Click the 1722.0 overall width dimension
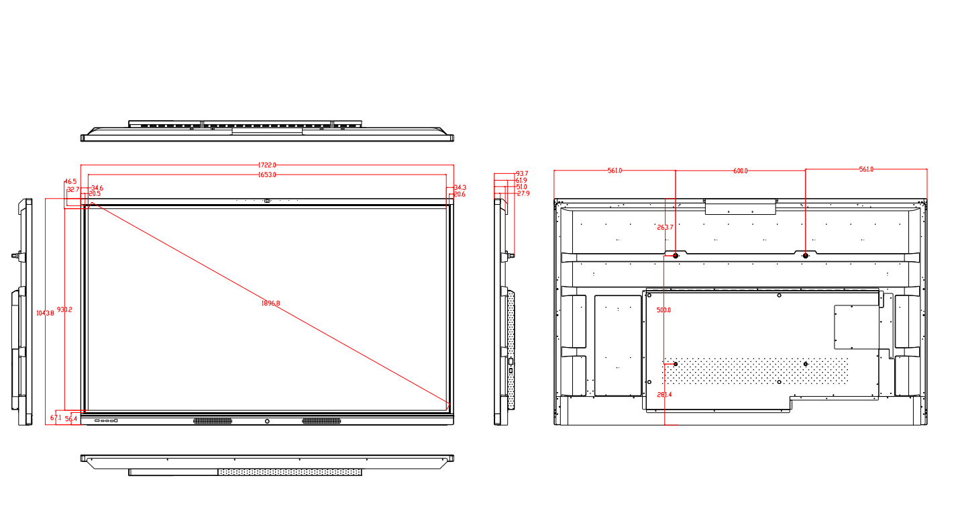click(x=267, y=164)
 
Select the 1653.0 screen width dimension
click(x=267, y=175)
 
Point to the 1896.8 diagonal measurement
click(x=270, y=303)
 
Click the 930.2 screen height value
click(x=64, y=309)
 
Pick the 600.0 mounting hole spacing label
click(x=740, y=171)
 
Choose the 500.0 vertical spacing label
click(x=663, y=310)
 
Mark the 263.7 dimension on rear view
click(x=664, y=228)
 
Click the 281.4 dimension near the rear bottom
click(x=664, y=395)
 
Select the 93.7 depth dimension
click(x=522, y=173)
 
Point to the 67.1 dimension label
click(x=56, y=418)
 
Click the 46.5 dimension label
click(x=70, y=181)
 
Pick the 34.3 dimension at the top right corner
click(x=460, y=187)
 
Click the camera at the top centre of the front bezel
click(x=267, y=200)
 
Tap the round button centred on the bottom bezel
click(x=267, y=421)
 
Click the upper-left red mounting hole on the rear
click(x=676, y=256)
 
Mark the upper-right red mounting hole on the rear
click(x=805, y=256)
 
